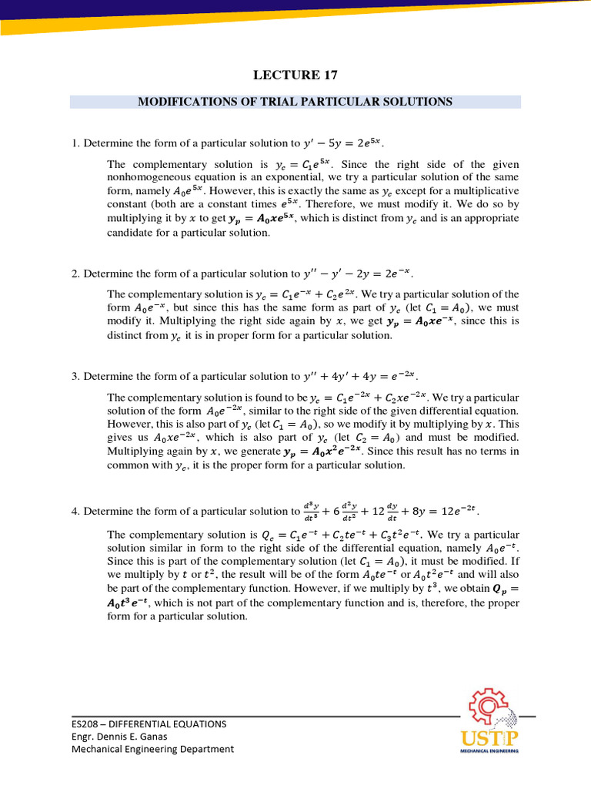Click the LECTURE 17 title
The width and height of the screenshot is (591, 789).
coord(295,75)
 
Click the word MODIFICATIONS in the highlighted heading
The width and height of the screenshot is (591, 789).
coord(187,102)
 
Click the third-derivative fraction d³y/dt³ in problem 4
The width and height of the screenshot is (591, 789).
coord(311,511)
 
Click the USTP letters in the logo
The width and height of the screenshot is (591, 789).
coord(489,736)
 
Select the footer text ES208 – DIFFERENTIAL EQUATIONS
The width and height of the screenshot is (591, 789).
coord(145,724)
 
